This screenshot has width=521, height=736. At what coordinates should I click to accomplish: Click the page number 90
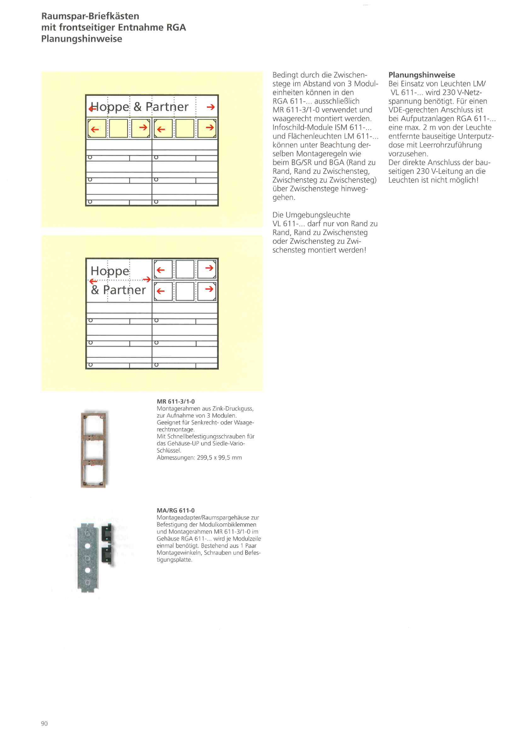(x=44, y=723)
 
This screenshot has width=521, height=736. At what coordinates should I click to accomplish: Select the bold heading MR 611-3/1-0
(x=176, y=401)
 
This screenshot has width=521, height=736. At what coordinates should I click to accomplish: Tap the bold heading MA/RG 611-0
(x=176, y=510)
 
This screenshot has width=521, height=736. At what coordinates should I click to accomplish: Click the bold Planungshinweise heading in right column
(x=422, y=75)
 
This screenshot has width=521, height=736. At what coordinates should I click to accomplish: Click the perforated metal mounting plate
(x=88, y=558)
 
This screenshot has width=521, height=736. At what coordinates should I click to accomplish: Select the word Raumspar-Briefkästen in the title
(x=90, y=16)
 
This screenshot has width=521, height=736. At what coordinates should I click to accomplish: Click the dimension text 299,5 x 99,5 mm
(x=220, y=458)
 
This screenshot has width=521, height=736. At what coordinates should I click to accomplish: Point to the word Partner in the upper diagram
(x=167, y=107)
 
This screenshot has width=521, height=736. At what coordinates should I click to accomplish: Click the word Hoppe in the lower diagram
(x=110, y=271)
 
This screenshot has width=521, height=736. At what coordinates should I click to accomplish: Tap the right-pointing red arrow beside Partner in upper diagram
(x=210, y=107)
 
